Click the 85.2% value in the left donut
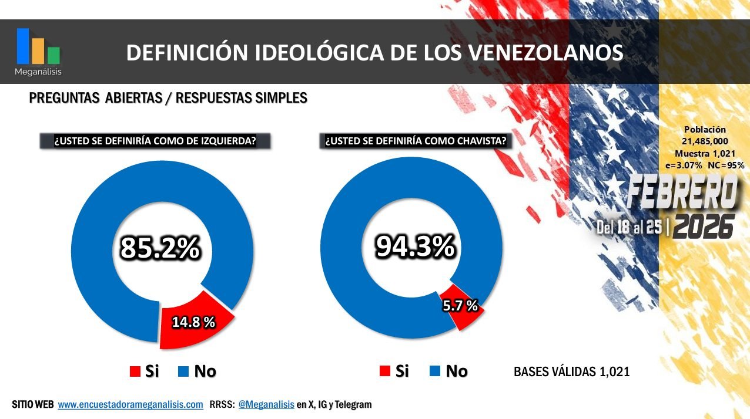coord(160,248)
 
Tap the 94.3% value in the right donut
coord(415,247)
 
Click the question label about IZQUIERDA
coord(155,141)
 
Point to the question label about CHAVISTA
coord(415,141)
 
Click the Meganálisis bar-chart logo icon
coord(38,47)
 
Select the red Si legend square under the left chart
coord(135,371)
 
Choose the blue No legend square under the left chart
coord(183,371)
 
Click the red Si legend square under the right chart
coord(385,371)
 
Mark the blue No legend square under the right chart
coord(435,371)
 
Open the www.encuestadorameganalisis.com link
coord(130,405)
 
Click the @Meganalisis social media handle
coord(266,405)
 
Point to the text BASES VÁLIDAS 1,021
coord(571,371)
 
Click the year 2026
coord(704,227)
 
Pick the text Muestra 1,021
coord(705,153)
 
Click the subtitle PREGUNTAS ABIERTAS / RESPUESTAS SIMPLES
coord(168,98)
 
